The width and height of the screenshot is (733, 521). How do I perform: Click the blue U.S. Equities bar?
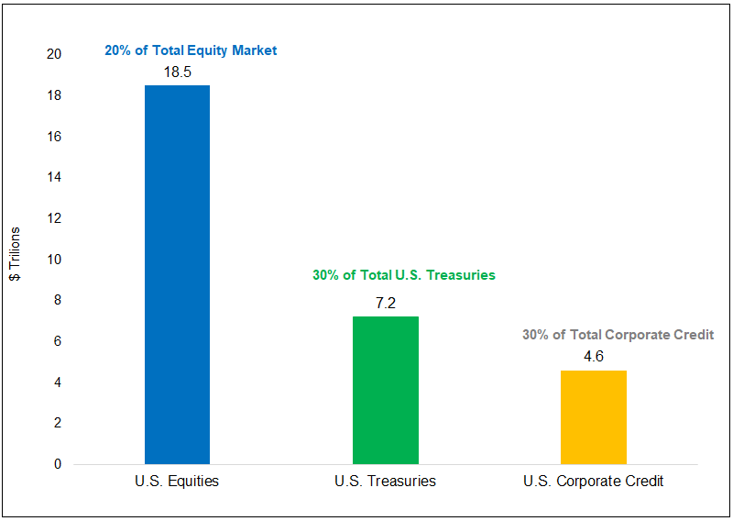pos(177,274)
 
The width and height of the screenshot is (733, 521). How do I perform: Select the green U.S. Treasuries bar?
pos(385,390)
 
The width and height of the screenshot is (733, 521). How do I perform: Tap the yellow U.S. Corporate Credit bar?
pos(593,416)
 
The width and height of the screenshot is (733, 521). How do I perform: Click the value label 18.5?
pos(177,72)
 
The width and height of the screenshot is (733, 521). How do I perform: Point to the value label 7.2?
pos(385,303)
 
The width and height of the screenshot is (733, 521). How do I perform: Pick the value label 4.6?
pos(593,357)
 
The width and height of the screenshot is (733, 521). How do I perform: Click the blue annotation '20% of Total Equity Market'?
pos(191,50)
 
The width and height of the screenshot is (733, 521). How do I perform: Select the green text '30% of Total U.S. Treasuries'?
pos(403,275)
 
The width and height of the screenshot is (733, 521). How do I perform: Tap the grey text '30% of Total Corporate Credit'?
pos(618,335)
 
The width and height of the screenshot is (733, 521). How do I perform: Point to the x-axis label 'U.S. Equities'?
pos(177,481)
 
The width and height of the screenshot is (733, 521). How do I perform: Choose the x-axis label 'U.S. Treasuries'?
pos(385,481)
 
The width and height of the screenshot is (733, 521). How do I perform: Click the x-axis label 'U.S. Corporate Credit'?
pos(593,481)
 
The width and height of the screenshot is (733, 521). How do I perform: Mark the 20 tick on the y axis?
pos(54,55)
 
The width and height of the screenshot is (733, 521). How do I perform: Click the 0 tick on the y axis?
pos(57,464)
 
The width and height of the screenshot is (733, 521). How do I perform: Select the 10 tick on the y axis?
pos(54,260)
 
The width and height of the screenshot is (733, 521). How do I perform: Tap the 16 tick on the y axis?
pos(54,137)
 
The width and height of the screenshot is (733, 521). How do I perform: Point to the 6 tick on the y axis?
pos(57,341)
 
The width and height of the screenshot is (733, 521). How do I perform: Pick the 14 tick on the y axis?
pos(54,178)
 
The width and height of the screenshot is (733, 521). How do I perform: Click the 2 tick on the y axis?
pos(57,423)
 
